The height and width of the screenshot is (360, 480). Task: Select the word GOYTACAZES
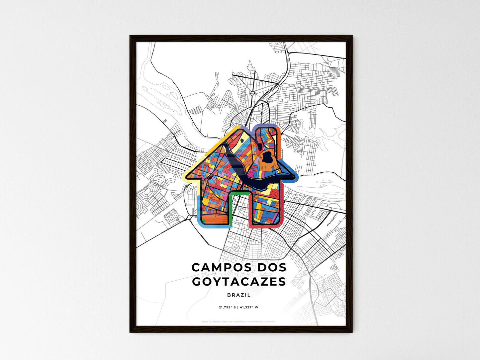(x=239, y=282)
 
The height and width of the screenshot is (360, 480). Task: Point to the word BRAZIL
(x=239, y=295)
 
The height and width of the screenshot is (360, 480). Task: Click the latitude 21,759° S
(x=227, y=307)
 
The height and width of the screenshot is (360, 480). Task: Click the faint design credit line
(x=239, y=321)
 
